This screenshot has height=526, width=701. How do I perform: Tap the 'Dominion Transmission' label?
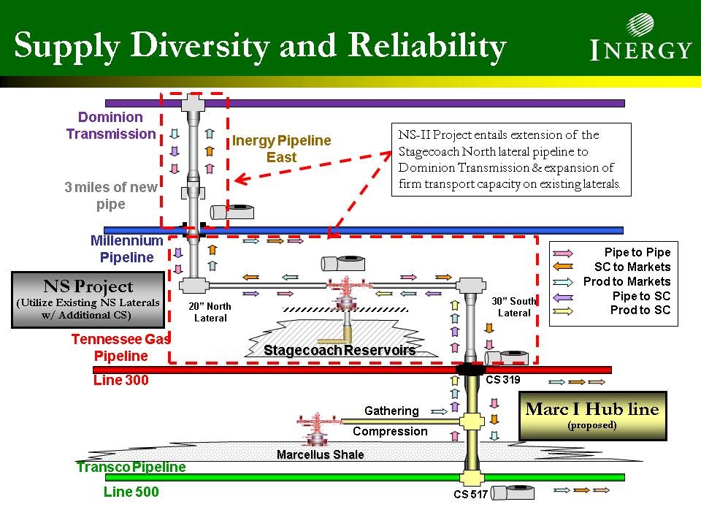click(x=111, y=126)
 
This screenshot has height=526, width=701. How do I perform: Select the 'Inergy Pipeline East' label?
click(x=281, y=148)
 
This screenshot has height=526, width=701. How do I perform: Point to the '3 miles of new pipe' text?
click(x=111, y=196)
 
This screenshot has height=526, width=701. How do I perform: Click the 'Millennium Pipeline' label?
click(x=127, y=248)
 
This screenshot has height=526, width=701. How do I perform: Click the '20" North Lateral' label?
click(x=210, y=312)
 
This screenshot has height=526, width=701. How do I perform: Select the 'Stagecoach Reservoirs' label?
click(x=340, y=351)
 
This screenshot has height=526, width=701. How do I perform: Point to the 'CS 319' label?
click(x=502, y=380)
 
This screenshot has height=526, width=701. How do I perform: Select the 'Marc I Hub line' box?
click(x=592, y=416)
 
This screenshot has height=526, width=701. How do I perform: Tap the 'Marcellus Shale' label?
click(x=320, y=454)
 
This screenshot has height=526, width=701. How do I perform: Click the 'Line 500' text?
click(x=131, y=492)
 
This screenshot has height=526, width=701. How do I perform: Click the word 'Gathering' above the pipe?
click(x=391, y=411)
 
